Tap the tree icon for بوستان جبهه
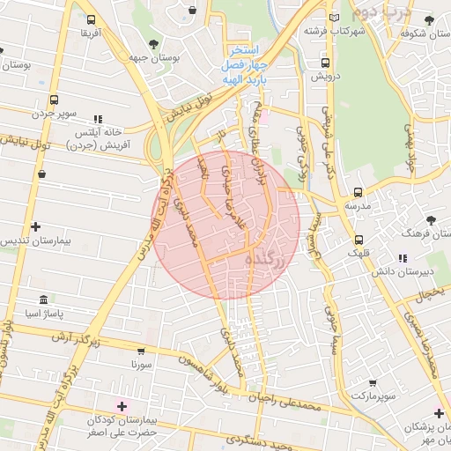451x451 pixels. (x=154, y=43)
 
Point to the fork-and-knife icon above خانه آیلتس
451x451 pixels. (x=98, y=118)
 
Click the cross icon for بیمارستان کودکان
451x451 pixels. (x=122, y=405)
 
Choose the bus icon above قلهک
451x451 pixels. (x=359, y=240)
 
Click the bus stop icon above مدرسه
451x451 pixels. (x=358, y=191)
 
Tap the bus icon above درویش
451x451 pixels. (x=326, y=63)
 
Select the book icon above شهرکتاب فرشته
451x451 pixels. (x=333, y=18)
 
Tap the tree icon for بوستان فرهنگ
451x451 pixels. (x=431, y=220)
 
